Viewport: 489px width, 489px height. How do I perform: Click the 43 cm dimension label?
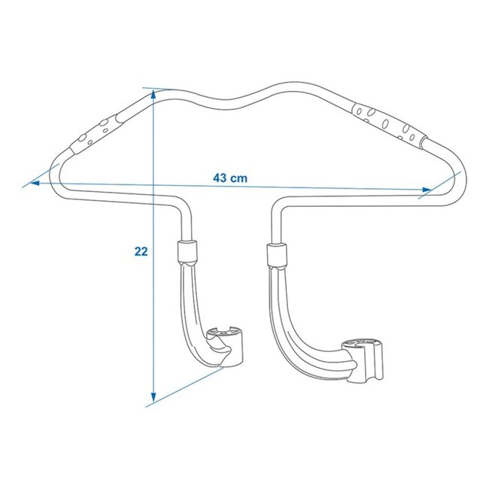pyautogui.click(x=230, y=178)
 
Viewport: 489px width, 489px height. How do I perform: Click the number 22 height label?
pyautogui.click(x=141, y=251)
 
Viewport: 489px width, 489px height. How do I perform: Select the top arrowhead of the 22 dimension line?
pyautogui.click(x=153, y=94)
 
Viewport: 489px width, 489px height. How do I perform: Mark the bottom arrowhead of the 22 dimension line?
pyautogui.click(x=153, y=396)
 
